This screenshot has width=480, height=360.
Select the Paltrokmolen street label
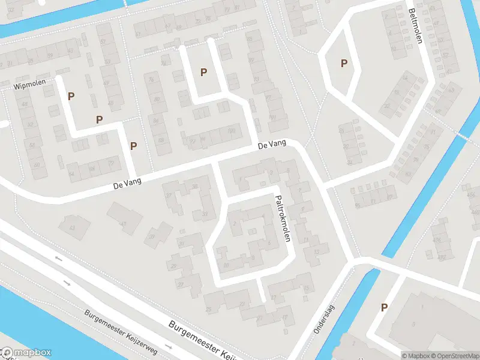[283, 218]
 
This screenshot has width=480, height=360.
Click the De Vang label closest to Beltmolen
[272, 145]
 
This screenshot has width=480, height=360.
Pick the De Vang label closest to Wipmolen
[127, 186]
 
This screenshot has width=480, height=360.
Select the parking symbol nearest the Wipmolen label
[71, 96]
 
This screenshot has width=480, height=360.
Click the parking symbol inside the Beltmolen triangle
[344, 63]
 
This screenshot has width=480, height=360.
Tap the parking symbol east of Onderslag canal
[384, 307]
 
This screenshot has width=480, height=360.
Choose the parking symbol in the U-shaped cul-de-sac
[204, 72]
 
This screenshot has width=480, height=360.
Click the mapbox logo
[26, 353]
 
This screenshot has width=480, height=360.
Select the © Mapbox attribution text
[416, 356]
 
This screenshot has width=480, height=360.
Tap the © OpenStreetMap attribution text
[455, 356]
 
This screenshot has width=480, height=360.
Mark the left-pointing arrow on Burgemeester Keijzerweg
[58, 259]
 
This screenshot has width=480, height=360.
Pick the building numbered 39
[152, 237]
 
